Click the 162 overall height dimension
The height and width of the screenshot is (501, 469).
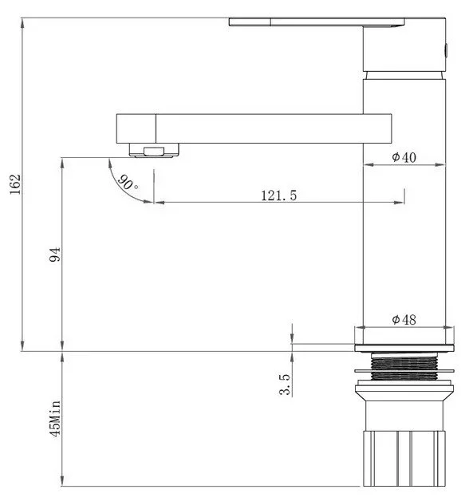point(15,184)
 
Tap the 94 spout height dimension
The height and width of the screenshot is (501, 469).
point(54,254)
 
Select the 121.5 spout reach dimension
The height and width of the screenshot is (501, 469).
point(279,195)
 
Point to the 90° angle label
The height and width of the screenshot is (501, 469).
point(128,182)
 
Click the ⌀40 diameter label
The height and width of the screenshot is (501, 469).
point(404,157)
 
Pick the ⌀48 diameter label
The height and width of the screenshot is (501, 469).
point(404,320)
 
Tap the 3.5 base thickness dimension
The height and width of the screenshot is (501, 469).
point(285,385)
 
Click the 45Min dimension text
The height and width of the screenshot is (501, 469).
point(54,419)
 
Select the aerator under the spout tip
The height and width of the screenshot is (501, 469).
point(154,151)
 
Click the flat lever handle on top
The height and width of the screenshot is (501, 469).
point(317,22)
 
